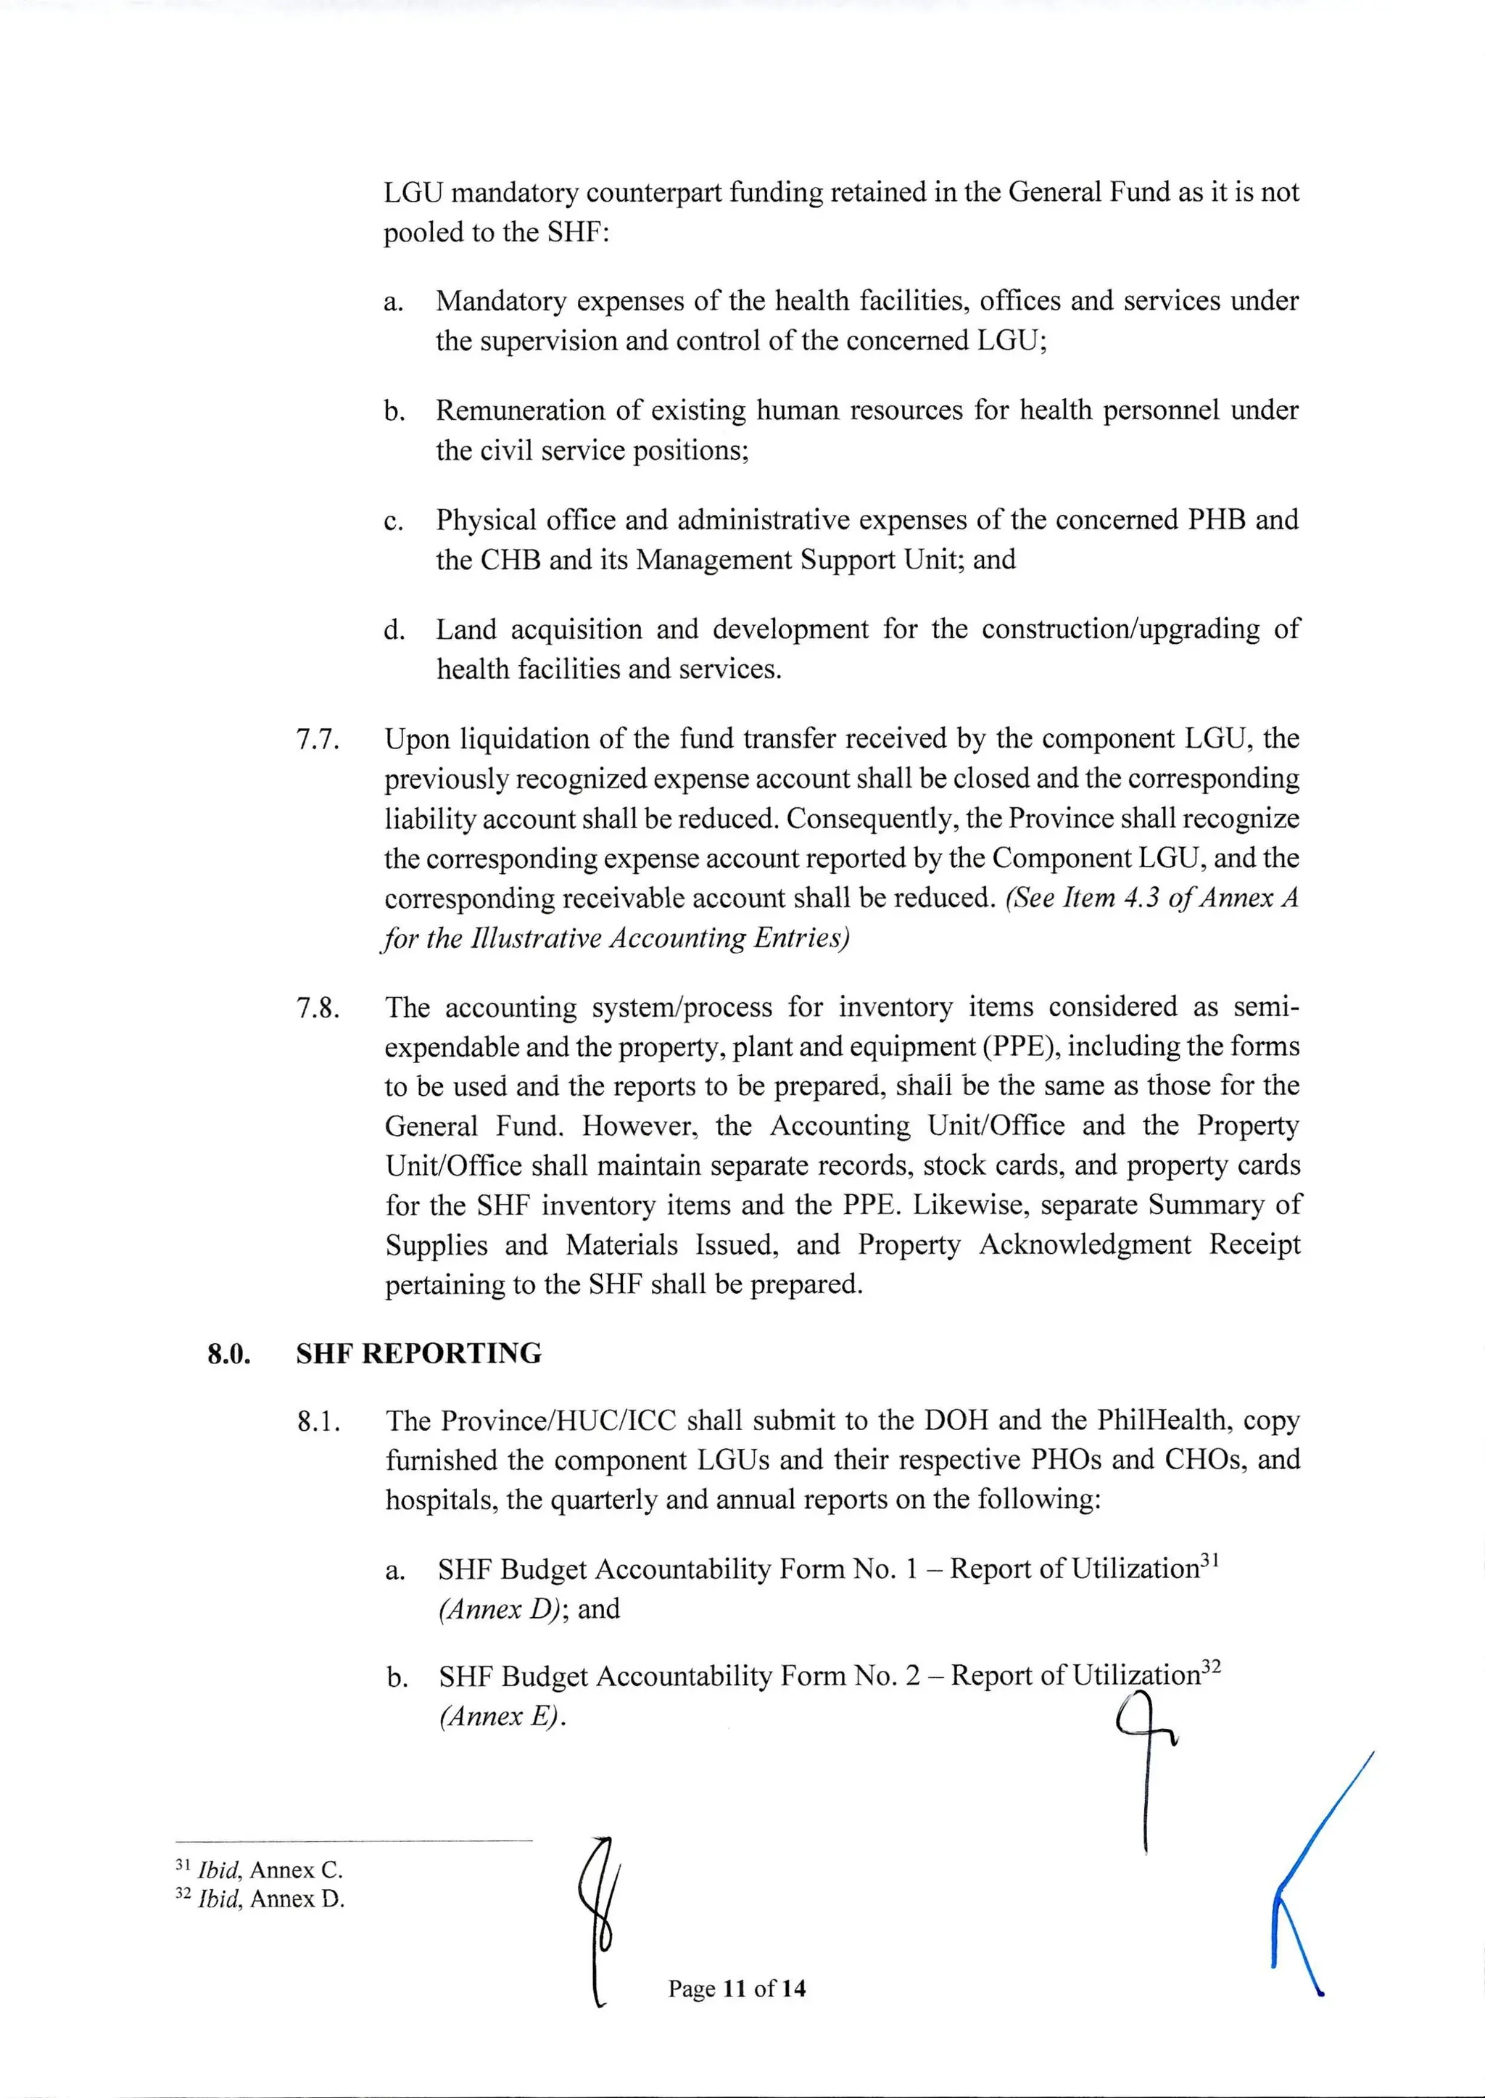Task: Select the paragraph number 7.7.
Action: pos(318,740)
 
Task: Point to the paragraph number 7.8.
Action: pos(318,1009)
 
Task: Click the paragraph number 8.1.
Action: pos(318,1422)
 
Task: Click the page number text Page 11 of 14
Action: pos(736,1988)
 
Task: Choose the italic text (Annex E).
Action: pos(500,1716)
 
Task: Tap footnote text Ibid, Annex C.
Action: pos(270,1870)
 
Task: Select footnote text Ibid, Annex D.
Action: pos(270,1899)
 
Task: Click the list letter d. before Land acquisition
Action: pos(394,630)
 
